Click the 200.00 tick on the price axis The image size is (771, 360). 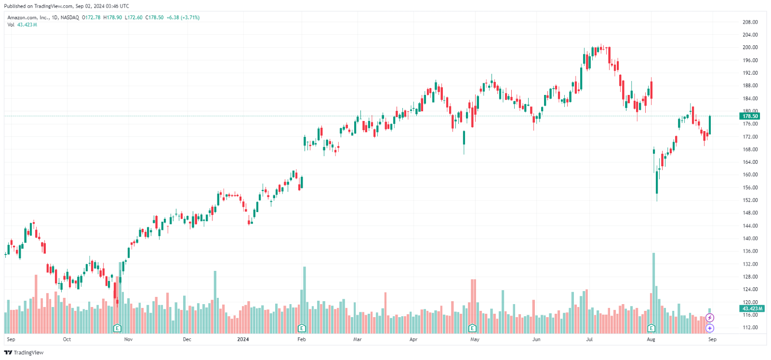pyautogui.click(x=750, y=47)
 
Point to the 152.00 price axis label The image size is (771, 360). pyautogui.click(x=750, y=200)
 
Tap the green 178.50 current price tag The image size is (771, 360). pyautogui.click(x=750, y=116)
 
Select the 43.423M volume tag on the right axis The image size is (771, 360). pyautogui.click(x=752, y=308)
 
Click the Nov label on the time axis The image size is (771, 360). pyautogui.click(x=128, y=339)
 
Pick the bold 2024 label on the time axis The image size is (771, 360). pyautogui.click(x=243, y=339)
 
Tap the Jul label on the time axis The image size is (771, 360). pyautogui.click(x=589, y=339)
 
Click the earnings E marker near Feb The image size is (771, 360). pyautogui.click(x=302, y=328)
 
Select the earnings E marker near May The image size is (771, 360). pyautogui.click(x=472, y=328)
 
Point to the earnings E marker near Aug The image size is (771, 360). pyautogui.click(x=651, y=328)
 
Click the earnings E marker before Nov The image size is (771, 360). pyautogui.click(x=117, y=328)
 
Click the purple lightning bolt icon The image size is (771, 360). pyautogui.click(x=710, y=318)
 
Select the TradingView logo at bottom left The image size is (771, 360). pyautogui.click(x=24, y=352)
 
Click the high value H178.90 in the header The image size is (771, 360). pyautogui.click(x=113, y=17)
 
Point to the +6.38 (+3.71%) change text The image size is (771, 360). pyautogui.click(x=183, y=17)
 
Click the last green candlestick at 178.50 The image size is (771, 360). pyautogui.click(x=710, y=125)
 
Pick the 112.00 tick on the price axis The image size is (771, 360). pyautogui.click(x=750, y=327)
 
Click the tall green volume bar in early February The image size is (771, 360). pyautogui.click(x=305, y=299)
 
